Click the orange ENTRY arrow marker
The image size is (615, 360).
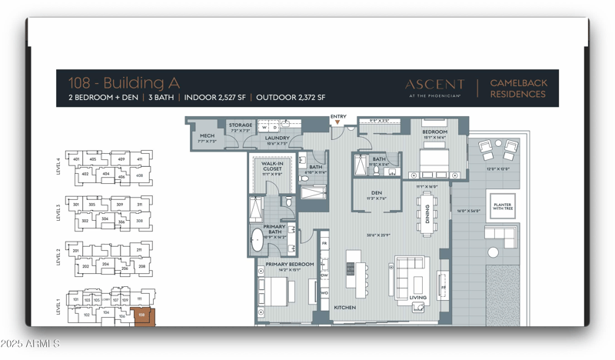click(x=337, y=122)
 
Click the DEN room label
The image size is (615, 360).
click(x=377, y=194)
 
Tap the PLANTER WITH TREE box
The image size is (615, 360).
click(x=504, y=205)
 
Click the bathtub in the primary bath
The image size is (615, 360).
click(x=258, y=240)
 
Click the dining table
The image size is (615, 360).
click(x=424, y=209)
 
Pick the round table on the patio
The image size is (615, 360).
click(x=493, y=252)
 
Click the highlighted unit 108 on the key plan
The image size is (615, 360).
click(x=141, y=315)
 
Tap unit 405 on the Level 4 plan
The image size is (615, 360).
click(x=92, y=159)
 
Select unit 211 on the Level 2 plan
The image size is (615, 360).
click(x=139, y=250)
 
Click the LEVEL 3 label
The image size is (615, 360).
click(x=58, y=212)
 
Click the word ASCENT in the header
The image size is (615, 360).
click(x=434, y=84)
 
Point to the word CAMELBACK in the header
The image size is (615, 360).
click(x=517, y=82)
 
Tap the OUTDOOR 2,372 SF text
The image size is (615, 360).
click(x=291, y=98)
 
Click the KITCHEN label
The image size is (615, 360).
click(x=344, y=308)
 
